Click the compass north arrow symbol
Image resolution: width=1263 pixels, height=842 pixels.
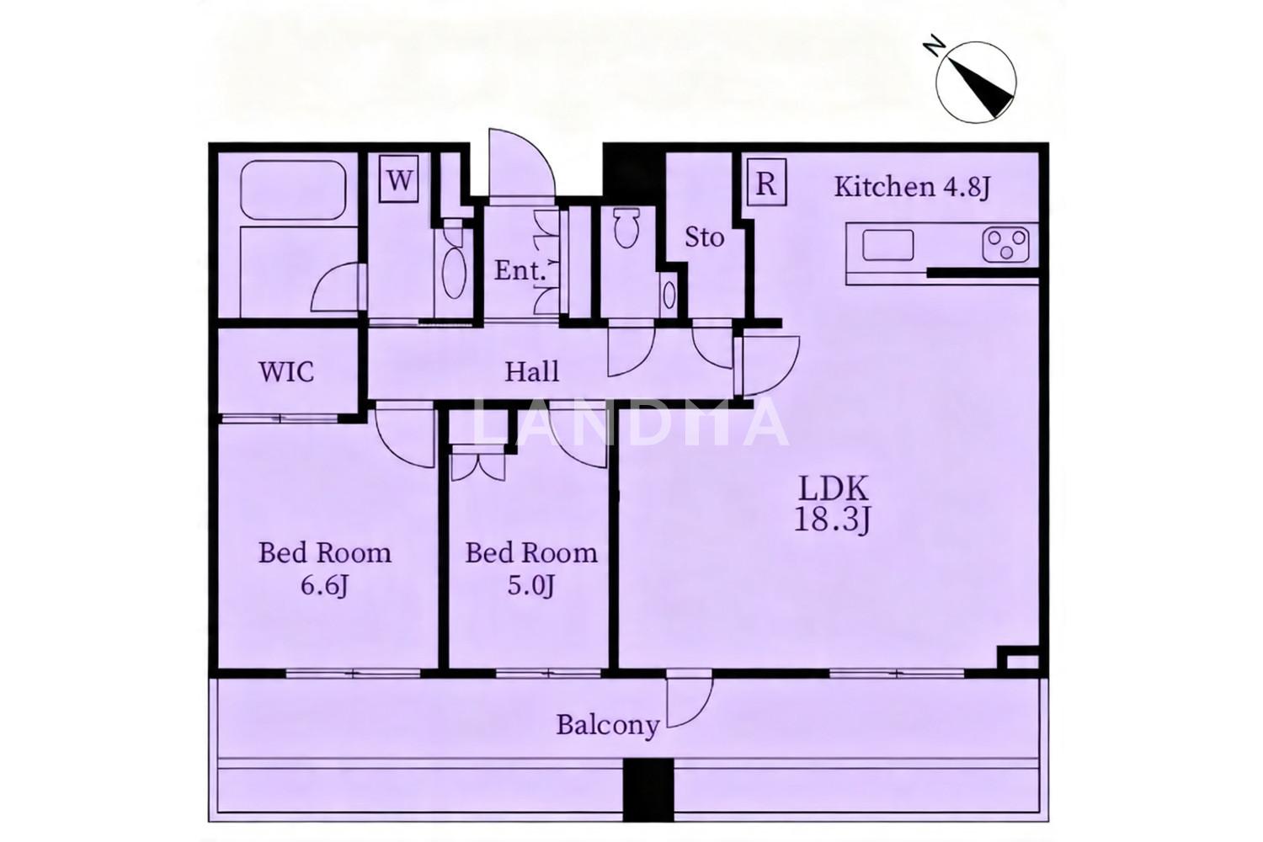(975, 82)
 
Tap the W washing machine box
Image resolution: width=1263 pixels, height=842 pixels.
(399, 179)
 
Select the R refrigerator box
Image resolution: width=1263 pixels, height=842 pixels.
(766, 183)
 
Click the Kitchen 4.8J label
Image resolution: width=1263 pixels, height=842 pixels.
(912, 187)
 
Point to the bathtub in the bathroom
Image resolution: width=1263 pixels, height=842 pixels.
(293, 190)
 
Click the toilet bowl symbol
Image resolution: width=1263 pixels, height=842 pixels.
(626, 228)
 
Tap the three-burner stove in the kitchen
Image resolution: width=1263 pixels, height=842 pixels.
(1006, 245)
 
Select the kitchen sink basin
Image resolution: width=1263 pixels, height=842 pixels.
(888, 245)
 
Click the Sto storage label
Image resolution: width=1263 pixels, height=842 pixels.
(704, 237)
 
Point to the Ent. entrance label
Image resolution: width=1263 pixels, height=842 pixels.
(520, 271)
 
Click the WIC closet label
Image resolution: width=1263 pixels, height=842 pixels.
(286, 372)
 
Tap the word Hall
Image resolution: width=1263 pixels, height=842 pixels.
(531, 371)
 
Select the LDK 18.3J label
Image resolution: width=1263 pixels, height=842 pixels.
(833, 504)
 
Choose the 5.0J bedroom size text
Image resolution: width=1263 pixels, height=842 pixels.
(530, 586)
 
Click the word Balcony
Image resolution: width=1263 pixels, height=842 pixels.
(608, 725)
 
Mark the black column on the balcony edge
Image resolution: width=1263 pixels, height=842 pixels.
(648, 790)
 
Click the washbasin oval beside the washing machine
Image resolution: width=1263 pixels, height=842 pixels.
(454, 274)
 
